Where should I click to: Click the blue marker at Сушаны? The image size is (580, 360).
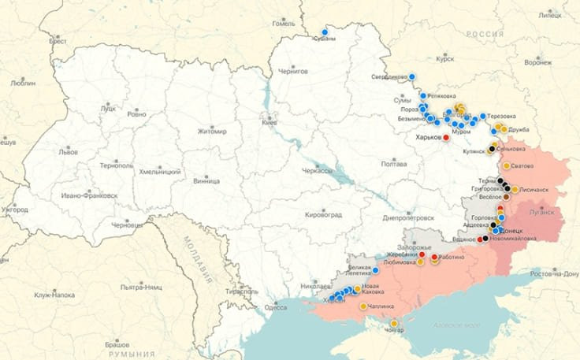(x=325, y=32)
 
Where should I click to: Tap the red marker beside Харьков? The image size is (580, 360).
(x=447, y=138)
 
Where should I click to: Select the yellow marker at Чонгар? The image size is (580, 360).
(x=394, y=323)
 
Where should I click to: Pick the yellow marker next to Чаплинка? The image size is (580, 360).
(x=363, y=306)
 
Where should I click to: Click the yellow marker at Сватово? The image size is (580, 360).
(x=507, y=166)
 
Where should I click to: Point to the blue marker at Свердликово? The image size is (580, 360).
(x=413, y=76)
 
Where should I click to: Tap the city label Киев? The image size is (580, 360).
(x=270, y=123)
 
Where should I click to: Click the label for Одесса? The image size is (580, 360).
(x=276, y=307)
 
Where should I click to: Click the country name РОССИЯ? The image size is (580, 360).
(x=485, y=35)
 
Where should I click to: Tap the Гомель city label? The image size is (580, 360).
(x=283, y=23)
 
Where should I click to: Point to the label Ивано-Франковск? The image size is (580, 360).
(x=91, y=194)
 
